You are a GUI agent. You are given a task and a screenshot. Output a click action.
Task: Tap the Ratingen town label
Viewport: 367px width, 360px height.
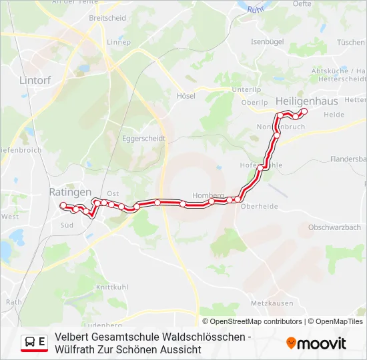[70, 191]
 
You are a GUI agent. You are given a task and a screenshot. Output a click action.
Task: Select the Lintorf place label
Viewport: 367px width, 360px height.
[35, 80]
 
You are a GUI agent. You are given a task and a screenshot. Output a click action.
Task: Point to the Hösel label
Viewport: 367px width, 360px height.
[186, 96]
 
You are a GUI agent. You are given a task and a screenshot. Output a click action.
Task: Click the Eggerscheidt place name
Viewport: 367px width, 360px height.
[143, 139]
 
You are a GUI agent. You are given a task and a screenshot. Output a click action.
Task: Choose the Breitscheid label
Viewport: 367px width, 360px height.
[107, 18]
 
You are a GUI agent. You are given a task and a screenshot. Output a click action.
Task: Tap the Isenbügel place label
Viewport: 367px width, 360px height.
[268, 41]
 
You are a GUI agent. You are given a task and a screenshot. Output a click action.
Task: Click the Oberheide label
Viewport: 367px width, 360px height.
[259, 206]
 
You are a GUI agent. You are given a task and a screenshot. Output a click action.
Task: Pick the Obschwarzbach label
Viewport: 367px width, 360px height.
[334, 227]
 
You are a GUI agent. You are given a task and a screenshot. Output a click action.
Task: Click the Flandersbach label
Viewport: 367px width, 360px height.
[348, 159]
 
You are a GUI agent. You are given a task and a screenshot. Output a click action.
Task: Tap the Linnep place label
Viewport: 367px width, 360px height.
[118, 41]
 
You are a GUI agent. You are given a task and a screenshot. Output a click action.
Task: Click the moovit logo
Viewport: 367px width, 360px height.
[316, 343]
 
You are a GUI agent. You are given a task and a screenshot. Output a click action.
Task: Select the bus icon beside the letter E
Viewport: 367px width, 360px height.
[30, 343]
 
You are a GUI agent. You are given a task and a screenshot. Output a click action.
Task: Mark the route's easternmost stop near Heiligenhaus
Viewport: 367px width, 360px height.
[304, 111]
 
